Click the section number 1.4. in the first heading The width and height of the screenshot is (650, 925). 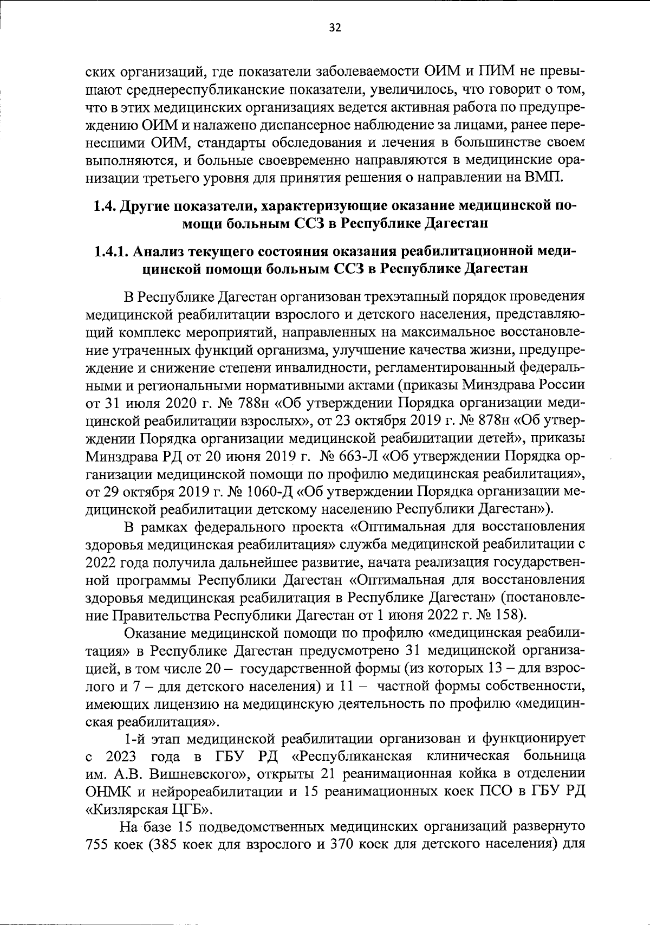[104, 206]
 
